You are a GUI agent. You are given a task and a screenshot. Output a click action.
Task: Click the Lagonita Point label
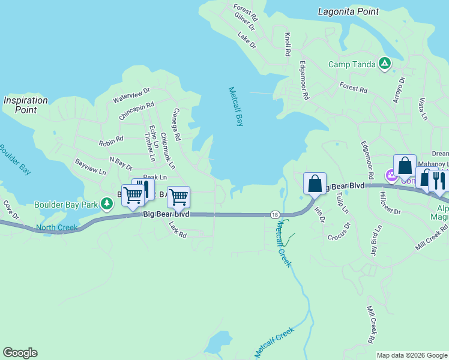[348, 11]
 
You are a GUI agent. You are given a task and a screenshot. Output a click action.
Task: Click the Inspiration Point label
[25, 105]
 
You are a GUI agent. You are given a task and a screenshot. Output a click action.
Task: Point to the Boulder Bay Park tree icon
[107, 205]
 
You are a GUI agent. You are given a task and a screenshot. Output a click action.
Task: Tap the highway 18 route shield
[274, 214]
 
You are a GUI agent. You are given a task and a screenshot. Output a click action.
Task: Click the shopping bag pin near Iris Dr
[315, 184]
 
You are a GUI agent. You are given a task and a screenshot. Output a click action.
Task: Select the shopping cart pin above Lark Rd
[178, 196]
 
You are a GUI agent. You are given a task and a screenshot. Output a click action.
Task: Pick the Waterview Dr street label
[131, 95]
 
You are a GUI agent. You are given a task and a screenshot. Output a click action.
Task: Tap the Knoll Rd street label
[288, 44]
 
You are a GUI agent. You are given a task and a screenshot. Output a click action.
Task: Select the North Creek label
[57, 227]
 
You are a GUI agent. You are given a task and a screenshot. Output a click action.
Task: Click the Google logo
[20, 353]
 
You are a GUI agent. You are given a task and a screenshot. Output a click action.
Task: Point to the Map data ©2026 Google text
[411, 355]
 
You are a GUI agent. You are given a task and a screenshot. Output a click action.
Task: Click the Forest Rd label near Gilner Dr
[246, 10]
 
